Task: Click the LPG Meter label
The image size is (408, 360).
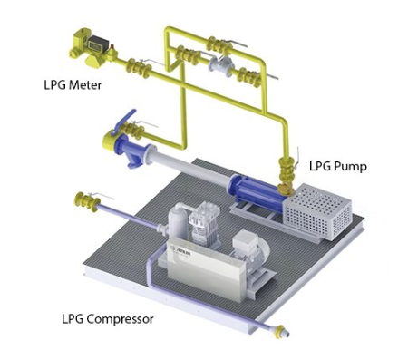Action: click(x=73, y=85)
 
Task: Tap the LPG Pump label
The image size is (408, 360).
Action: click(x=338, y=166)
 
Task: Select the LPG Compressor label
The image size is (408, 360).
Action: click(x=108, y=319)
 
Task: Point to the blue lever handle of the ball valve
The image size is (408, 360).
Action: click(x=124, y=121)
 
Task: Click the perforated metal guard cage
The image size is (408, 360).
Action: click(x=317, y=211)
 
